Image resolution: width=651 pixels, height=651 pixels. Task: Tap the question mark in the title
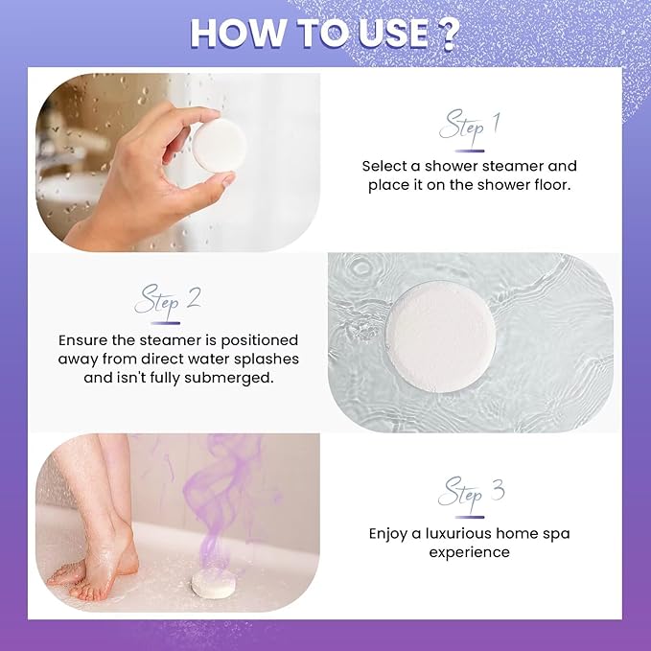coord(446,33)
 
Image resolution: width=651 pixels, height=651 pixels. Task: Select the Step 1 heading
coord(470,127)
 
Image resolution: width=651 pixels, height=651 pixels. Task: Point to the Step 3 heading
coord(470,494)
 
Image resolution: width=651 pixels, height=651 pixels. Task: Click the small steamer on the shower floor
coord(215,582)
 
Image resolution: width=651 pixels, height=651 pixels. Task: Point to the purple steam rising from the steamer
coord(213,508)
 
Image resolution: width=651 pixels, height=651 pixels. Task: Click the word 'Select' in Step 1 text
coord(384,166)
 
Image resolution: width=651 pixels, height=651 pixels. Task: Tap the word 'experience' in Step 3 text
coord(469,552)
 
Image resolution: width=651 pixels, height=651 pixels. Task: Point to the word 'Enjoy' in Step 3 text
coord(388,534)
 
